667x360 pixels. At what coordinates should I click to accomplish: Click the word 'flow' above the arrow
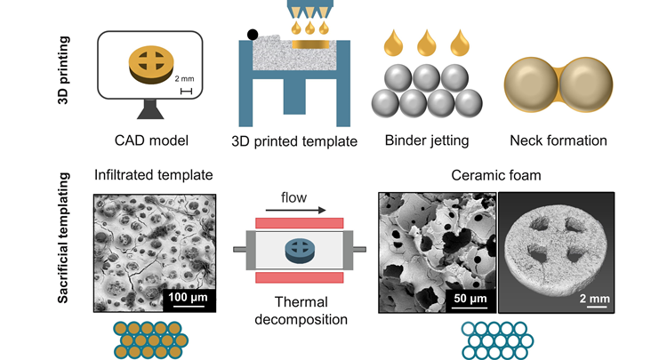pyautogui.click(x=297, y=196)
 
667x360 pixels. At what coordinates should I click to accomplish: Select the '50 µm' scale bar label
pyautogui.click(x=464, y=296)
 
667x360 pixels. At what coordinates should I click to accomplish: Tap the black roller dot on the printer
pyautogui.click(x=253, y=36)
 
